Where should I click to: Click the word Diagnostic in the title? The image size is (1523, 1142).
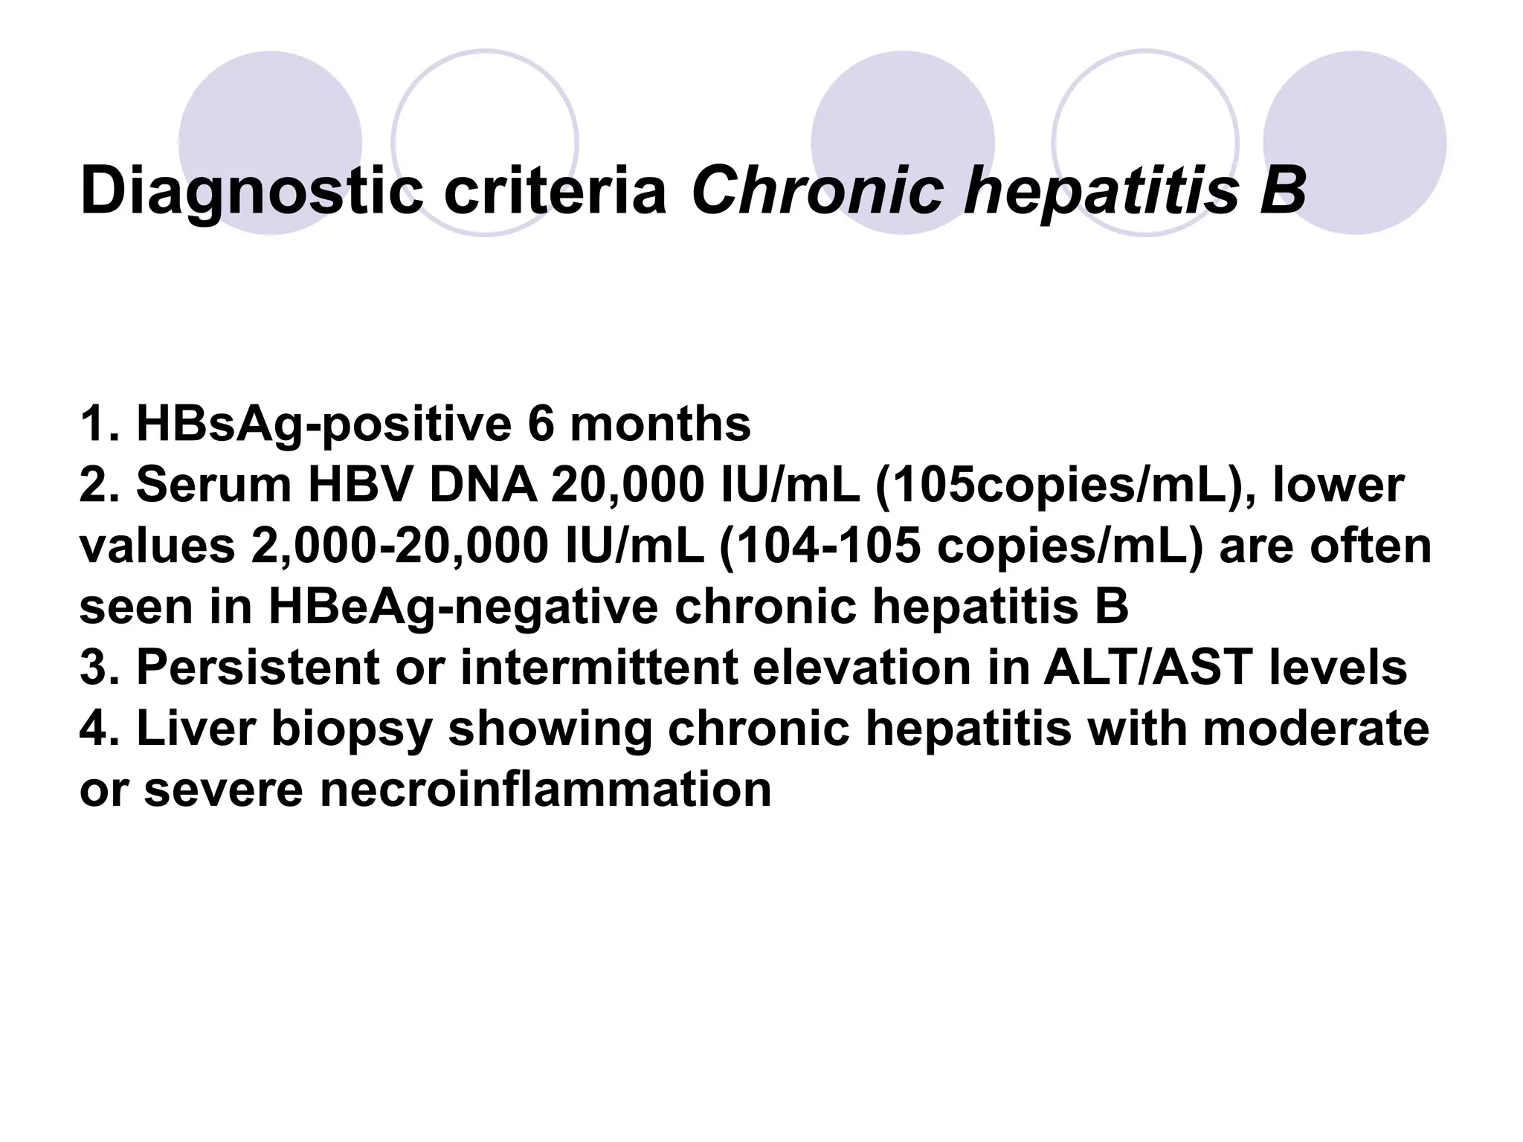[251, 191]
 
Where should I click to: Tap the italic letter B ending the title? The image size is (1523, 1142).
[1281, 191]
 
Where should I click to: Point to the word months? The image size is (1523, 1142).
[660, 425]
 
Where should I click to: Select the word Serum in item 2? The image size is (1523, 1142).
[216, 485]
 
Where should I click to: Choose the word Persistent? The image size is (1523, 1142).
[258, 668]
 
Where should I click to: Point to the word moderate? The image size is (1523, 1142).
[1316, 729]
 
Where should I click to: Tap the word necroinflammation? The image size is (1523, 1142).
[547, 790]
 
